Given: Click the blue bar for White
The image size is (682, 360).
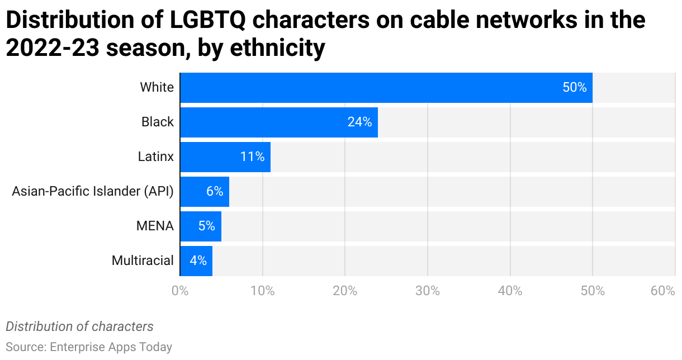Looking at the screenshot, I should coord(386,88).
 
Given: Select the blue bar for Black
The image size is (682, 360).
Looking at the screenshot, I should coord(278,122).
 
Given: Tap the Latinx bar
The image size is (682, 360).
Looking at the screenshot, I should coord(225,157).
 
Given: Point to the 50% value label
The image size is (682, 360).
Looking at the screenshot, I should coord(574,88).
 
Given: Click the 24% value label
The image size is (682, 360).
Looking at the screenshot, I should coord(359,122).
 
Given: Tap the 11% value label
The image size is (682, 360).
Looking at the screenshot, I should coord(252,157).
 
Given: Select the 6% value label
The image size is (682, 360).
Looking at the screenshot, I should coord(215,192).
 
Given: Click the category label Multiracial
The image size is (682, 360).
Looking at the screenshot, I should coord(143,260).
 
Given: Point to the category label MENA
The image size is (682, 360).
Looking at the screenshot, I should coord(155,226).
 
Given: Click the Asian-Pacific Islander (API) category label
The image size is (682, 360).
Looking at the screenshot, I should coord(93,192).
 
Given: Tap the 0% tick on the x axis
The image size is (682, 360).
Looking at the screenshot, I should coord(180,291).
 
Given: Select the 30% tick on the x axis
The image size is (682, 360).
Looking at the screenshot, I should coord(428,291).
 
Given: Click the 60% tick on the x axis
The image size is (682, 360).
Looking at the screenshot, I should coord(663,291).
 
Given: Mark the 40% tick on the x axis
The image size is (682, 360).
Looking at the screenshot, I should coord(510,291).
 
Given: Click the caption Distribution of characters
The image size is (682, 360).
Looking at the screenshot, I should coord(79,326).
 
